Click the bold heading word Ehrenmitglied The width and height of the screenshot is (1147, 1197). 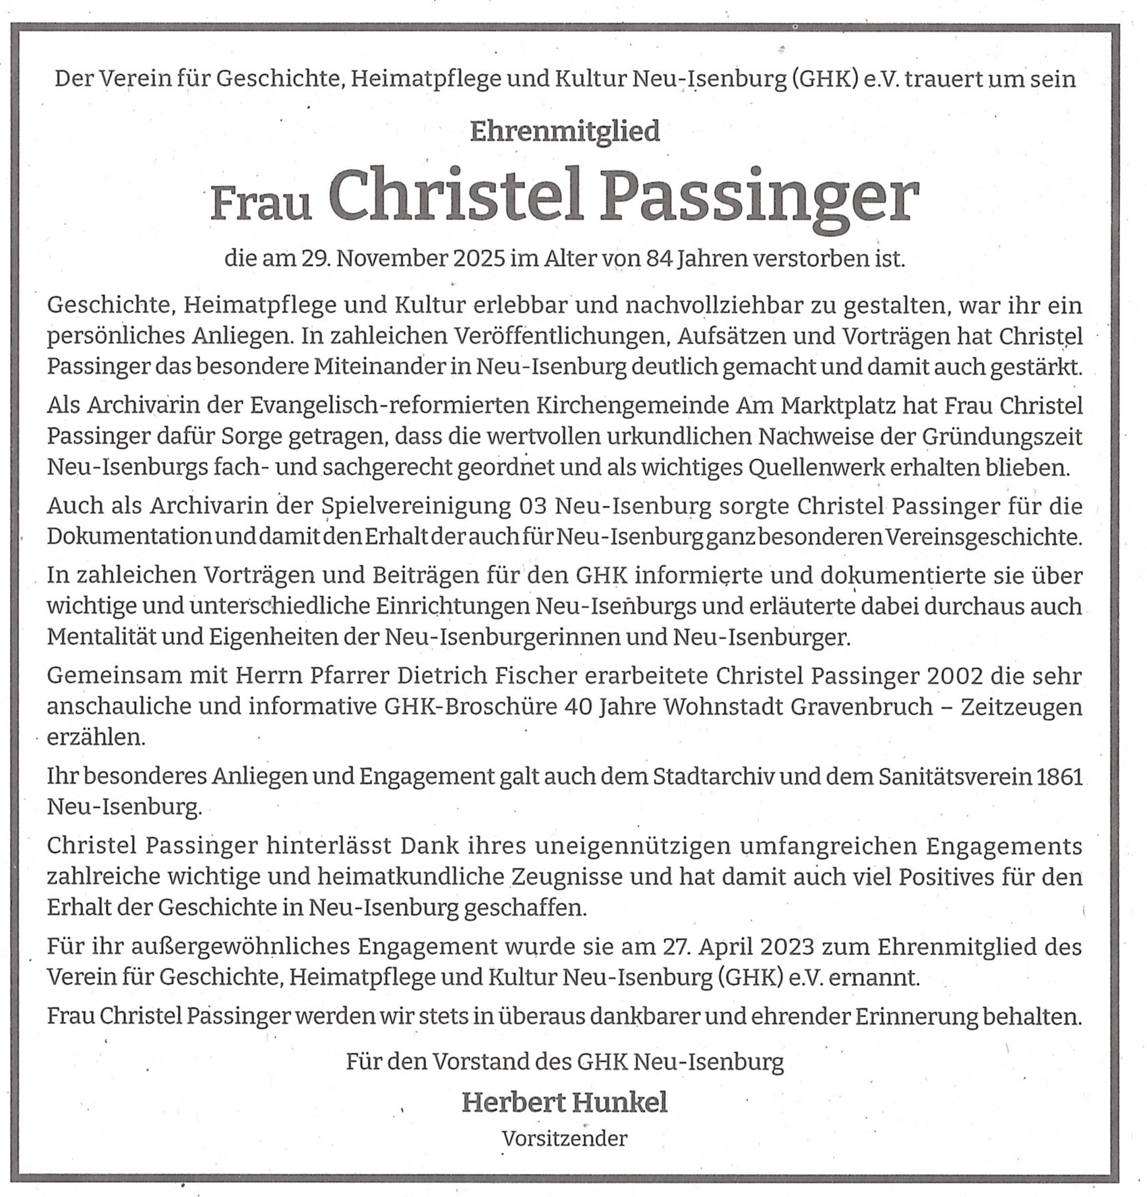tap(565, 131)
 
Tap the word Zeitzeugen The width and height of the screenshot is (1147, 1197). tap(1021, 707)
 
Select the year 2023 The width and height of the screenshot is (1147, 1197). tap(788, 946)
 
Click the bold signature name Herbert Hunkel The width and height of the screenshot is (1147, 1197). tap(565, 1103)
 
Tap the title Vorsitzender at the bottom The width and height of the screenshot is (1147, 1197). tap(565, 1138)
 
